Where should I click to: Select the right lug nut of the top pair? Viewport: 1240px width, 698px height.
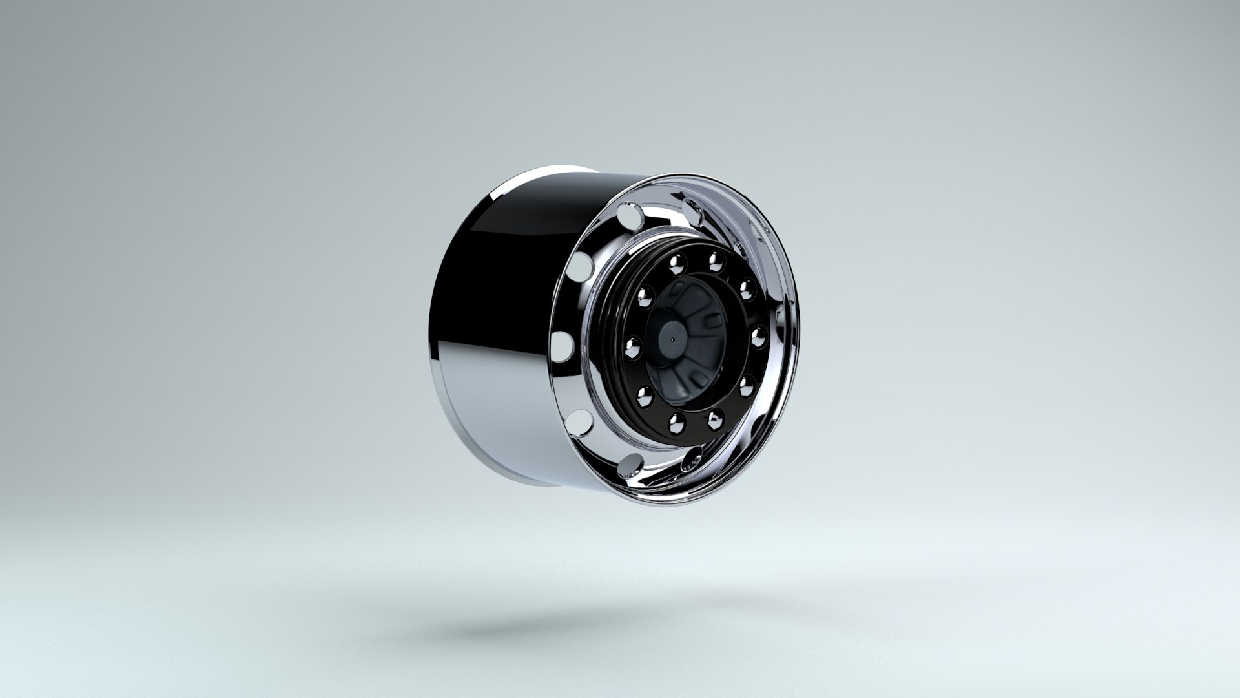tap(715, 261)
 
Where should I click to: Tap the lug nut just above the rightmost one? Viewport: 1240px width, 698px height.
tap(747, 286)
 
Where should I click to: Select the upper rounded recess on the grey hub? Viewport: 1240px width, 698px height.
tap(712, 320)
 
